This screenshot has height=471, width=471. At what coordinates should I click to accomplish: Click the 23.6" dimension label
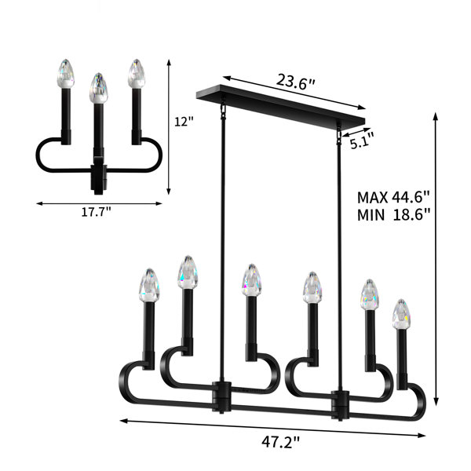pos(296,81)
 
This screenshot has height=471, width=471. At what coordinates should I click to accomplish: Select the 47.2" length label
pos(280,442)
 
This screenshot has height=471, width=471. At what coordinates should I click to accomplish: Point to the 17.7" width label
pos(96,212)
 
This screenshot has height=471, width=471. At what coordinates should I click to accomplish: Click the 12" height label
pos(184,122)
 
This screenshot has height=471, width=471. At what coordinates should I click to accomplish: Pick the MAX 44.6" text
pos(393,197)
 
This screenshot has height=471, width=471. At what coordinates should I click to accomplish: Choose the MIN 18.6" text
pos(393,215)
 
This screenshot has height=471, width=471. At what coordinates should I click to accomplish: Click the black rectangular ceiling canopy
pos(280,104)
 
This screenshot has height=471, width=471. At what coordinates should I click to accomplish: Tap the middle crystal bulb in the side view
pos(98,88)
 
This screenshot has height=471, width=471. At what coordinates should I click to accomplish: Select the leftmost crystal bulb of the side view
pos(65,74)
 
